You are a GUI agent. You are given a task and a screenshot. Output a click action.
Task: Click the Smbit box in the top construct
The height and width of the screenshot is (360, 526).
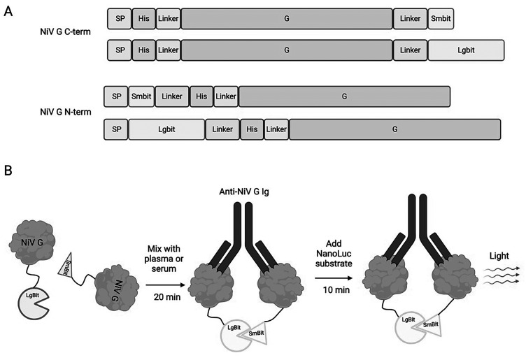(x=441, y=19)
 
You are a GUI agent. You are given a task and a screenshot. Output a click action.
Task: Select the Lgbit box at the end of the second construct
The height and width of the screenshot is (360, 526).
(x=466, y=50)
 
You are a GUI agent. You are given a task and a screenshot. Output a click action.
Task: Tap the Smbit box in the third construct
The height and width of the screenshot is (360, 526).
(x=141, y=96)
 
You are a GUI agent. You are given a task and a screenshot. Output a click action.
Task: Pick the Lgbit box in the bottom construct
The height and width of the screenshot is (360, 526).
(x=166, y=129)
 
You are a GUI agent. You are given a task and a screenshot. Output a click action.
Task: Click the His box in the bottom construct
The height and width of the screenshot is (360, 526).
(x=252, y=129)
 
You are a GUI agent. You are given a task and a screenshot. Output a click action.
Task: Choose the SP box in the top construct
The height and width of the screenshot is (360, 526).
(x=120, y=19)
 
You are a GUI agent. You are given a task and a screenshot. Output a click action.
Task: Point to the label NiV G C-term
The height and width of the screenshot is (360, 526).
(x=65, y=32)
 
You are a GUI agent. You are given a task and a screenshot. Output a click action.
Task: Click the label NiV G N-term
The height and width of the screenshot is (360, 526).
(x=66, y=112)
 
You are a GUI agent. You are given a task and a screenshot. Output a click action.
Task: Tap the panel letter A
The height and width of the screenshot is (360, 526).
(x=8, y=12)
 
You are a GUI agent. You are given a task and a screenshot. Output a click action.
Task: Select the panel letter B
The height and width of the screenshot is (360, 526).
(x=8, y=171)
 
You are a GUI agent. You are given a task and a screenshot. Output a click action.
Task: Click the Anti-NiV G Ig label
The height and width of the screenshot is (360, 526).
(x=244, y=192)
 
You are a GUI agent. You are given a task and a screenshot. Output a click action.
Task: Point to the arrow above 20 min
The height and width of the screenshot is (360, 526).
(x=166, y=285)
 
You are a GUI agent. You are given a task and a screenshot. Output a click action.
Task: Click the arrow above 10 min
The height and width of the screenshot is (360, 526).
(x=334, y=278)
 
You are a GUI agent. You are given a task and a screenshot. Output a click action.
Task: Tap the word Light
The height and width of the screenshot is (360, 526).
(x=499, y=256)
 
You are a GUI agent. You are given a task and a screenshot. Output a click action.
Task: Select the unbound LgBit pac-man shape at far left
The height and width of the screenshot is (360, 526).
(x=34, y=303)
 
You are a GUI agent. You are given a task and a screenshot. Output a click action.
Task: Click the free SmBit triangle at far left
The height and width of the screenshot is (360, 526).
(x=66, y=264)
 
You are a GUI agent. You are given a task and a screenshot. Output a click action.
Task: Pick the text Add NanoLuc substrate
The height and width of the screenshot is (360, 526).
(x=334, y=254)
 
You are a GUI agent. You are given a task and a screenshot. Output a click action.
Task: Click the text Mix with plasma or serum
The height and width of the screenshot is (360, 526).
(x=164, y=259)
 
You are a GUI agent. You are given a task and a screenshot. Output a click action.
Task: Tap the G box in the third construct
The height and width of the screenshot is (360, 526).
(x=344, y=96)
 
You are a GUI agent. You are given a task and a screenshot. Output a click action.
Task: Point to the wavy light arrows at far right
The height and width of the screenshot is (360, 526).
(x=502, y=275)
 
